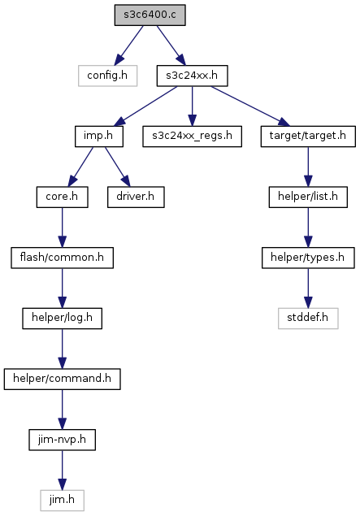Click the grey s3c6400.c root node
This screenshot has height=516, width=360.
click(x=150, y=15)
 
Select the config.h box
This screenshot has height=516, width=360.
click(x=107, y=76)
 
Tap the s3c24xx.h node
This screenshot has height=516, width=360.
click(x=192, y=76)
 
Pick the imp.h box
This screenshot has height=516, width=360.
click(x=98, y=137)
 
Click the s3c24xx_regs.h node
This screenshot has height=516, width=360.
click(x=192, y=137)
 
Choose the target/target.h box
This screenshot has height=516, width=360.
click(x=308, y=137)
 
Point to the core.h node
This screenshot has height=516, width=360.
click(x=63, y=197)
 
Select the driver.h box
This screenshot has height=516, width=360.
click(x=136, y=197)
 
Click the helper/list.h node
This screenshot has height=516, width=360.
click(x=308, y=197)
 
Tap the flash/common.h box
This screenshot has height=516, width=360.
click(x=63, y=258)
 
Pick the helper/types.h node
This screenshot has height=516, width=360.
click(x=308, y=258)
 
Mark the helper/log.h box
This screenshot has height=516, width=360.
click(x=63, y=319)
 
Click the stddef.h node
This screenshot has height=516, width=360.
click(x=308, y=319)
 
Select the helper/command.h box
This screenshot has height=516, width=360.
click(x=63, y=379)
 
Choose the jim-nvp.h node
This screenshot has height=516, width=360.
click(x=63, y=440)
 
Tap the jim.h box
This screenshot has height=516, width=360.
click(x=63, y=501)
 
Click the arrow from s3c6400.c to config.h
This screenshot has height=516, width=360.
click(x=129, y=46)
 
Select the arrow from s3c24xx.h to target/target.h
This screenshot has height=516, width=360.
click(x=250, y=106)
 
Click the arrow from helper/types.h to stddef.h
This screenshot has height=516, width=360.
click(x=308, y=288)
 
